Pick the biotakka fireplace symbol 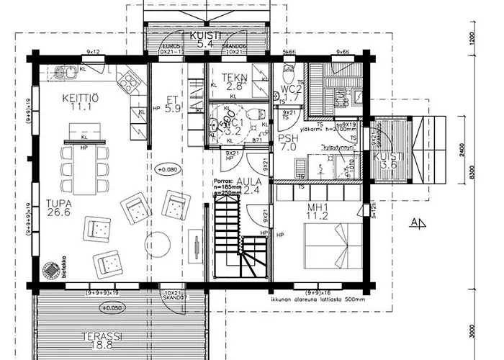[50, 270]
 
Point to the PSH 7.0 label [288, 141]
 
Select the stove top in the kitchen [127, 84]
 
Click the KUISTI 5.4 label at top [206, 39]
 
